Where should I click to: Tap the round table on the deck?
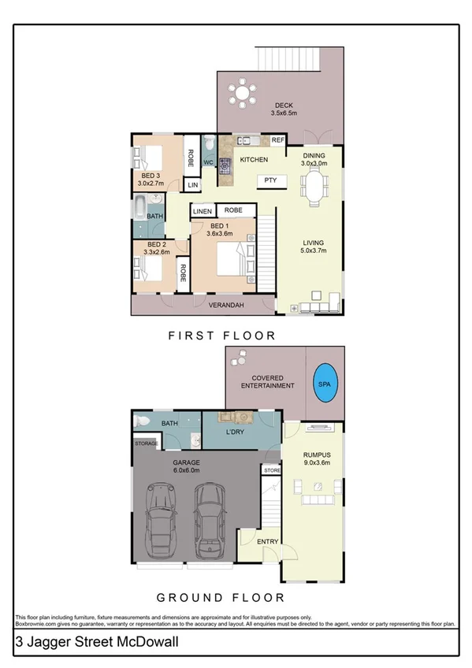tap(241, 94)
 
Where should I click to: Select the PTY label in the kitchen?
tap(270, 180)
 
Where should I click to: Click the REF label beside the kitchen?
tap(277, 140)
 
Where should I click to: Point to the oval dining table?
tap(315, 188)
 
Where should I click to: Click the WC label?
tap(209, 162)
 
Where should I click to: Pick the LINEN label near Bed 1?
tap(203, 211)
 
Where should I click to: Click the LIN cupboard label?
tap(192, 184)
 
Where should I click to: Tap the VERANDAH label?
tap(225, 306)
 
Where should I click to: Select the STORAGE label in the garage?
tap(147, 444)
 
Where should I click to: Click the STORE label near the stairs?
tap(272, 470)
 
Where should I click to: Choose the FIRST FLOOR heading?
tap(223, 336)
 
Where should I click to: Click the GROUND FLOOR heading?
tap(220, 598)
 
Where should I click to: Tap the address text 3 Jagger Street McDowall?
tap(98, 643)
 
